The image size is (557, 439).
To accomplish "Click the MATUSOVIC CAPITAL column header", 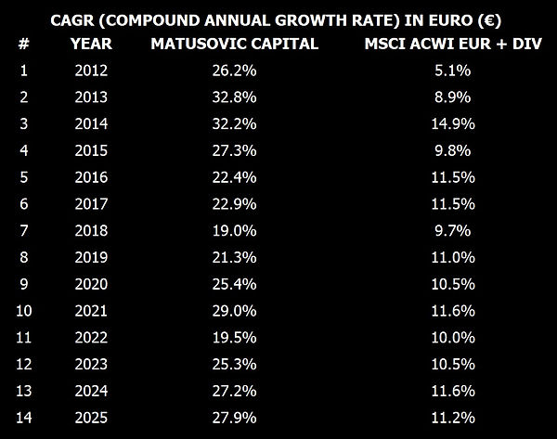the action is (235, 44).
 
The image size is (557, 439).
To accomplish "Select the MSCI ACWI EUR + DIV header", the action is (453, 44).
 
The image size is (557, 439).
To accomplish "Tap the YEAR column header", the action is (91, 44).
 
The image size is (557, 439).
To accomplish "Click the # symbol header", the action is (24, 44).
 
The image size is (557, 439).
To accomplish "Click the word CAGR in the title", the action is (72, 20).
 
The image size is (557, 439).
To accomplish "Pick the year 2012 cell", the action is (91, 71).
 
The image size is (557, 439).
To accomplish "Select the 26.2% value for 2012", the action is (235, 71).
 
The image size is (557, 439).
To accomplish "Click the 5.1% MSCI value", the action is (453, 71).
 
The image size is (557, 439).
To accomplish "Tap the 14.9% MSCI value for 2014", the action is (453, 123).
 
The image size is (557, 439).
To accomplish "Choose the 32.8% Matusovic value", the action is (235, 97).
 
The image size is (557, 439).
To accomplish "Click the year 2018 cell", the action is (91, 230).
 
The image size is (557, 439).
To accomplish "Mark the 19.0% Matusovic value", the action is (235, 230).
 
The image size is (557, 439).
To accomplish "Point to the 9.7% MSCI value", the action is (453, 230).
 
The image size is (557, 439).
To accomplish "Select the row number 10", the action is (24, 311).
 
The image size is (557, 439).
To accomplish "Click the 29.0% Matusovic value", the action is (235, 311).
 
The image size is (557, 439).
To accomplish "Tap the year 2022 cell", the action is (91, 338).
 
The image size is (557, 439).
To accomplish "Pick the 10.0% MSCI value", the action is (453, 338).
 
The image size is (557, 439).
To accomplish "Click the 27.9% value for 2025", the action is (235, 418).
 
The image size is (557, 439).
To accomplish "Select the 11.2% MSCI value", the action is (453, 418).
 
